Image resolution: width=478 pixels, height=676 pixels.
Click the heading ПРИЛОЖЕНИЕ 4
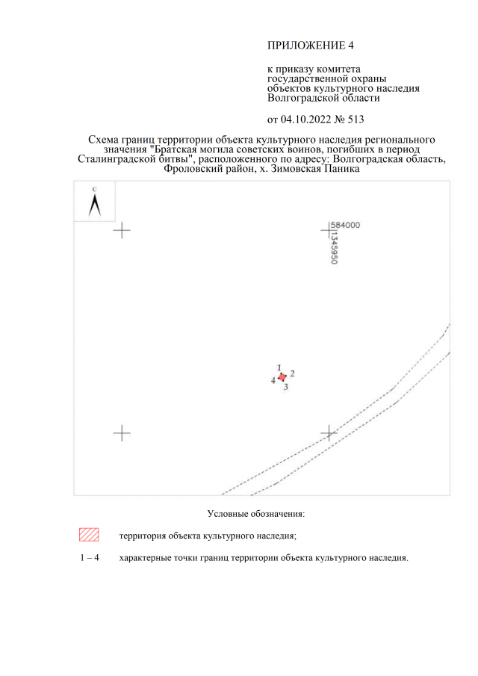point(311,46)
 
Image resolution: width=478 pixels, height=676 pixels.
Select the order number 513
point(356,120)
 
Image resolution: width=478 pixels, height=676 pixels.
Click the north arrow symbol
point(94,205)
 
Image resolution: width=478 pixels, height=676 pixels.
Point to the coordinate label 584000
point(345,225)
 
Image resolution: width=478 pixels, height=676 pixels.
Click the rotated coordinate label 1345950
point(334,249)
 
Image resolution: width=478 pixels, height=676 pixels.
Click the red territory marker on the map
point(282,377)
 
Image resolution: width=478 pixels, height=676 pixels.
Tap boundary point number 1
point(279,368)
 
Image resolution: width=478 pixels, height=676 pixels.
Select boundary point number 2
point(292,373)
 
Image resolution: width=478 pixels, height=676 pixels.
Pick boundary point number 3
point(286,387)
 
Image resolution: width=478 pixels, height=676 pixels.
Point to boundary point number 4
point(273,380)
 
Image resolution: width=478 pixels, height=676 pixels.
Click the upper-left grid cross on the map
point(122,230)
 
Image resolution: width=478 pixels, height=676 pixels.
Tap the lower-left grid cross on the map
point(122,432)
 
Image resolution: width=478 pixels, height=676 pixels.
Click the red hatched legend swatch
point(89,535)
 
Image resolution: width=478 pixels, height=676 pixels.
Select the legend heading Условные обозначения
point(256,513)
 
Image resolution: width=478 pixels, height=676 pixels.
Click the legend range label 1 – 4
point(90,557)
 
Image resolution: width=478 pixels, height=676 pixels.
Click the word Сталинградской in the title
point(117,158)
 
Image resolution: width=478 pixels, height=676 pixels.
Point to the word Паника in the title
point(342,169)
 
